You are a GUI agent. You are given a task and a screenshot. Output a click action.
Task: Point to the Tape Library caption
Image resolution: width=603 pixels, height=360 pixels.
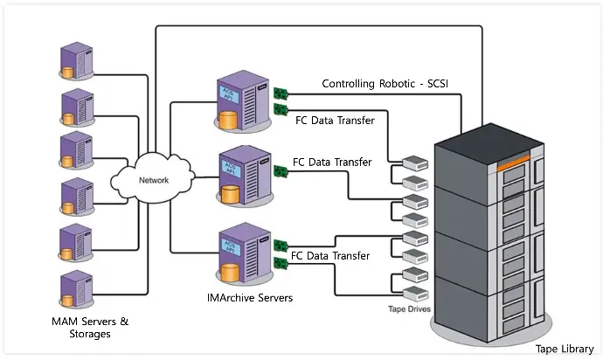point(565,349)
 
